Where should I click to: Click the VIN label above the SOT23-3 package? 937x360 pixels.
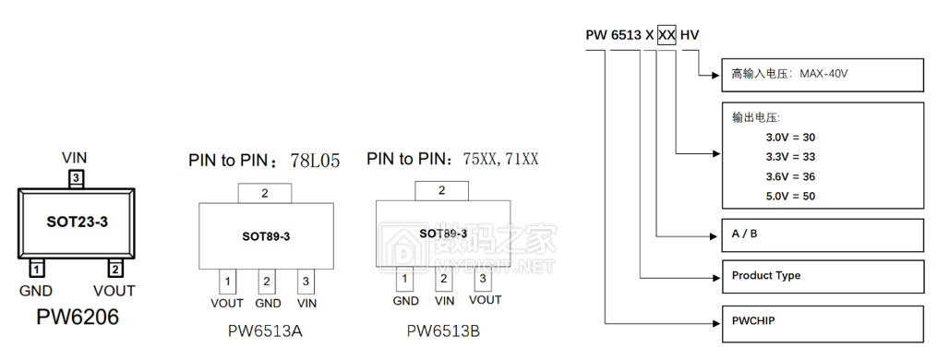[x=74, y=158]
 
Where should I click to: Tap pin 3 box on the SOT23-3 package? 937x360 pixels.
[x=76, y=177]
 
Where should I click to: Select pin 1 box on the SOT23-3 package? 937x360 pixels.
[x=36, y=269]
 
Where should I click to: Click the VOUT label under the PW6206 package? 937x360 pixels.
[x=114, y=291]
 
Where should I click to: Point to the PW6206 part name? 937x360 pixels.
[x=77, y=318]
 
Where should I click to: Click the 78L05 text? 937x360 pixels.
[x=314, y=161]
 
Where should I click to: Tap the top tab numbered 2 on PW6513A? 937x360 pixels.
[x=265, y=194]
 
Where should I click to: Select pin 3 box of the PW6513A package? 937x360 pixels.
[x=306, y=281]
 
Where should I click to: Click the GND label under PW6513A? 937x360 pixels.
[x=268, y=303]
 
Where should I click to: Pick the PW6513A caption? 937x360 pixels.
[x=265, y=330]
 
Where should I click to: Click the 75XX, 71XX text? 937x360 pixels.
[x=500, y=159]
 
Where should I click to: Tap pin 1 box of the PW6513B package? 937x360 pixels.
[x=404, y=278]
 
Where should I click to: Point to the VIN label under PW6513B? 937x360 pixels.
[x=444, y=300]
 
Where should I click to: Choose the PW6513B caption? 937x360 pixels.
[x=444, y=330]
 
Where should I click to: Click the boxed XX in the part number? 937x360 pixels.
[x=667, y=35]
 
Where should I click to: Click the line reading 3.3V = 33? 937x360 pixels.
[x=790, y=157]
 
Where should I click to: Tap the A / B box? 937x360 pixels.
[x=822, y=234]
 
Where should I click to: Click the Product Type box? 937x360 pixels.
[x=822, y=276]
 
